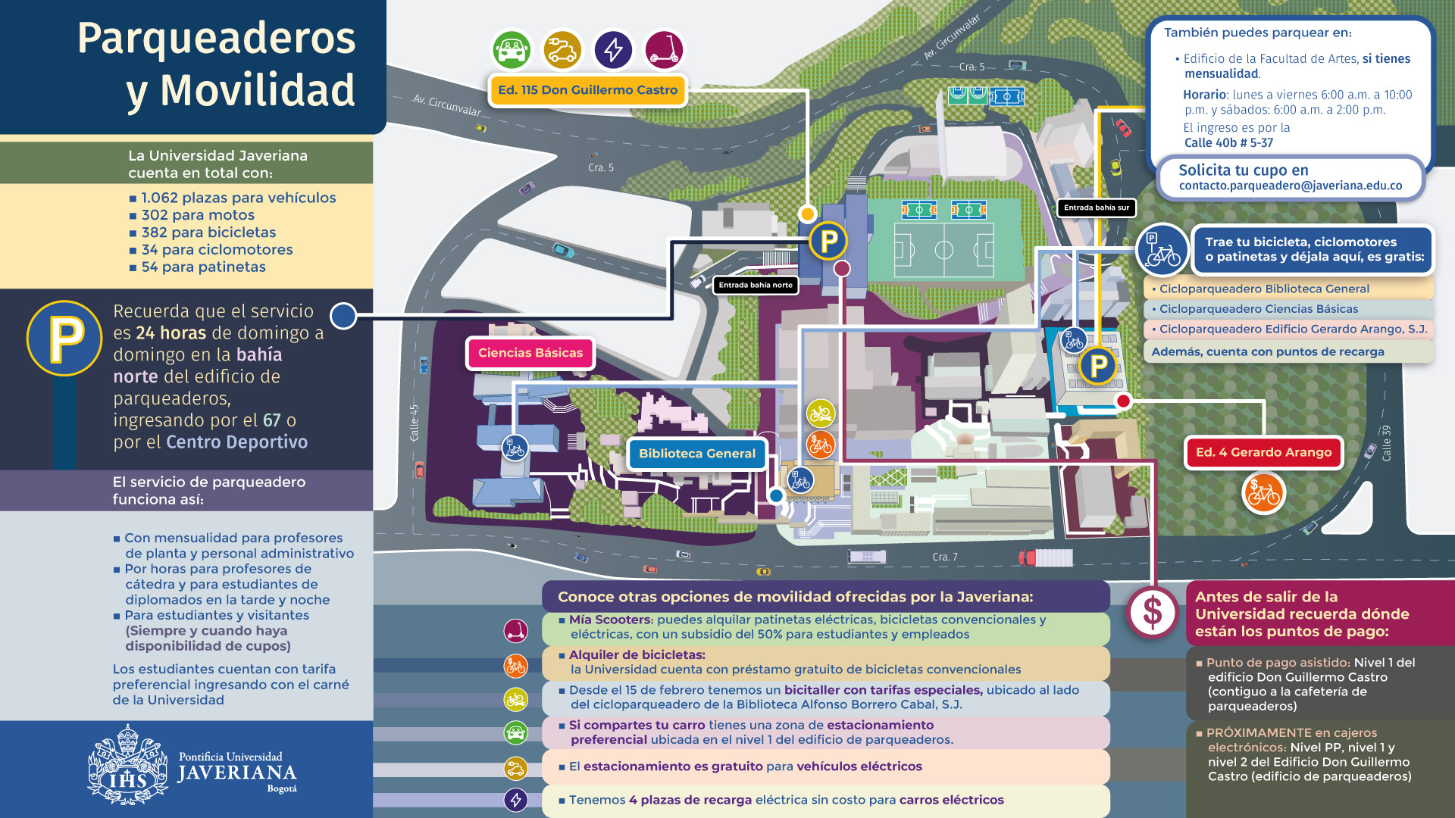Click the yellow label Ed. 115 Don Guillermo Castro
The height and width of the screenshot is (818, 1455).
coord(587,90)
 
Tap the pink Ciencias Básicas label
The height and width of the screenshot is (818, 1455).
coord(530,353)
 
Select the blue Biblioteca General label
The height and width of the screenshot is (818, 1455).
coord(696,454)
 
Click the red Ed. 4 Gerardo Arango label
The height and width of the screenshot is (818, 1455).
coord(1263,452)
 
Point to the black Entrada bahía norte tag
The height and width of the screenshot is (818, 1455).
coord(756,286)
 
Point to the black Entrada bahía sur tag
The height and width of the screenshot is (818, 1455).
coord(1096,208)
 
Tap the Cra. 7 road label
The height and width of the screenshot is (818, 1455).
coord(944,557)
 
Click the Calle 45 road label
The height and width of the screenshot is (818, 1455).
coord(415,423)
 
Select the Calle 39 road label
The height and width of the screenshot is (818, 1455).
coord(1386,443)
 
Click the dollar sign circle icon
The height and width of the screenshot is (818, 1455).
coord(1152,612)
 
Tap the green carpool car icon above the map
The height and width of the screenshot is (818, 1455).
coord(512,50)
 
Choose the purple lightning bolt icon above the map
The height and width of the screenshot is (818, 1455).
coord(613,50)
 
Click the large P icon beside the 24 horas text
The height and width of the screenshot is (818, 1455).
coord(64,338)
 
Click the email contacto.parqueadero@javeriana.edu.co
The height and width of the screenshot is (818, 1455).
coord(1290,186)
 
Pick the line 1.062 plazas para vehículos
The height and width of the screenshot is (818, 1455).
coord(238,198)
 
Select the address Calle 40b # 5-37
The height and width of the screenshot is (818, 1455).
coord(1228,142)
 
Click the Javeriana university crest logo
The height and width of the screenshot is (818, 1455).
coord(127,765)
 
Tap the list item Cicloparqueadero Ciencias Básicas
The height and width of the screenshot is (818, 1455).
coord(1258,309)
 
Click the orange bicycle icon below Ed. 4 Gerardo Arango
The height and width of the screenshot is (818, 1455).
coord(1263,493)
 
